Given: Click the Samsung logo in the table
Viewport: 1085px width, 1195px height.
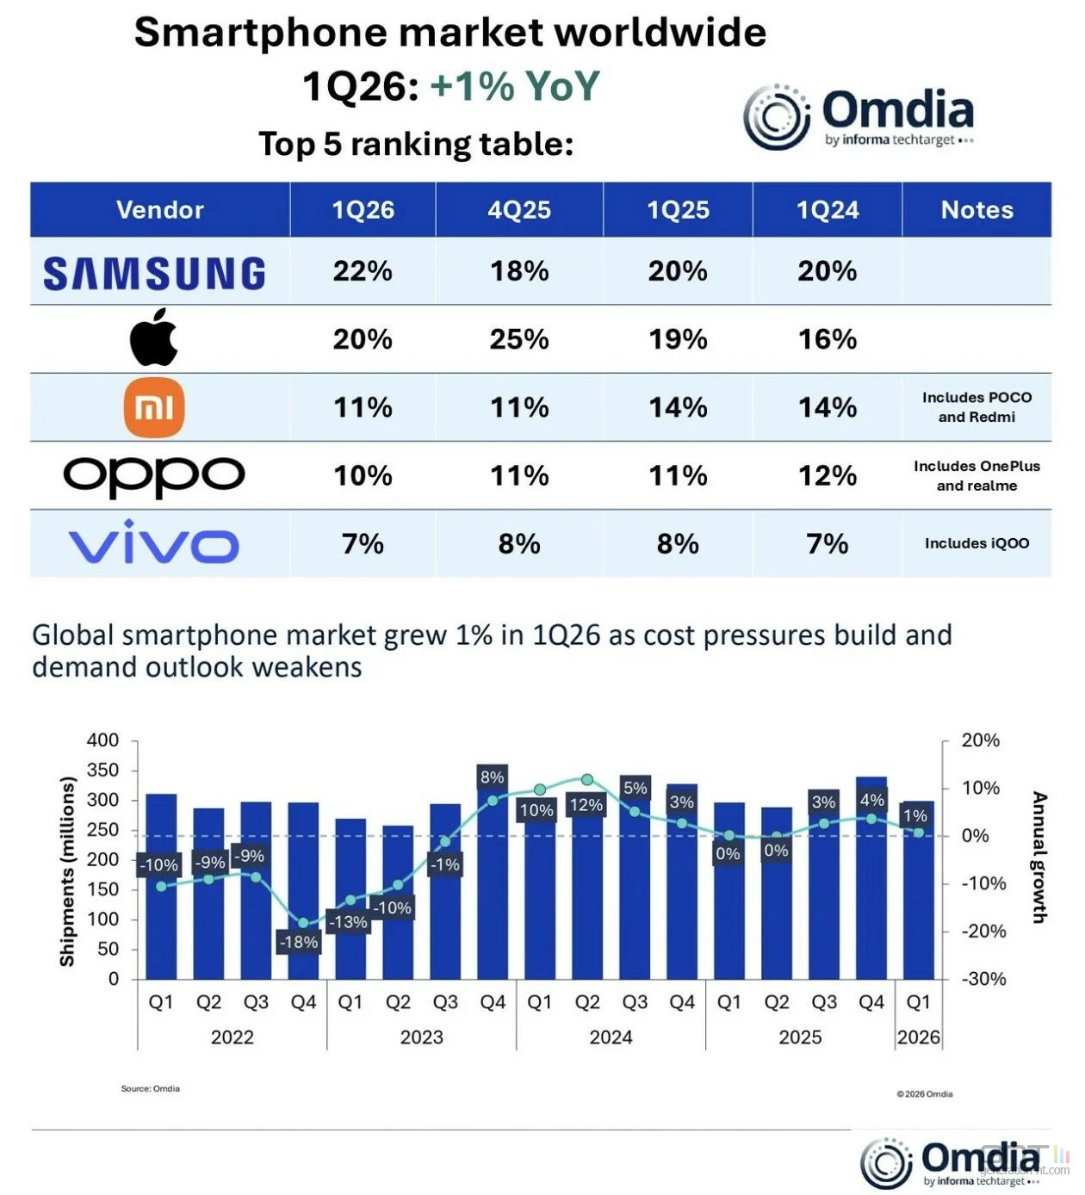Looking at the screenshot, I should [154, 273].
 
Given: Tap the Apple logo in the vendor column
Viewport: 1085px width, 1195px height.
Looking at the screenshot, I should [154, 337].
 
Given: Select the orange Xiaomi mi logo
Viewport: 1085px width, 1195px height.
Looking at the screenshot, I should [154, 407].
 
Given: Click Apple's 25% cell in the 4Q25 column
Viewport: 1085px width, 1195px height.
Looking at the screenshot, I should [519, 339].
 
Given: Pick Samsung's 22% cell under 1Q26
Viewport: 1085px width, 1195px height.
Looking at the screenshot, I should [363, 271].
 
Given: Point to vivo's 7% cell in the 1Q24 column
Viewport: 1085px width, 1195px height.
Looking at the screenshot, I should [827, 543].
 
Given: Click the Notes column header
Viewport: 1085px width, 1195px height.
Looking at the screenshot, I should [976, 210].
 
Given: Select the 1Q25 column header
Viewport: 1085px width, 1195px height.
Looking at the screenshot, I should [678, 210].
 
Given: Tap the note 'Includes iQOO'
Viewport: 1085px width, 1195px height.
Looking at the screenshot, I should [976, 543].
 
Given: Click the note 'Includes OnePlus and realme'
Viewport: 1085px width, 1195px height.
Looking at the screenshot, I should [976, 475].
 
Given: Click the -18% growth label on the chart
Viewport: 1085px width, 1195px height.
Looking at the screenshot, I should [298, 942].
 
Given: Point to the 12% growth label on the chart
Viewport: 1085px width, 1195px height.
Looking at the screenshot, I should [586, 805].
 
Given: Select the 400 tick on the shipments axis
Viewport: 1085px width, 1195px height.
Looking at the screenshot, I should [102, 740].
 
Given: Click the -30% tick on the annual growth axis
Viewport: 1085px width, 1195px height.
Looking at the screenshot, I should [983, 979].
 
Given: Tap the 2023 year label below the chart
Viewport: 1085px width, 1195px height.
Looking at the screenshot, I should [421, 1037].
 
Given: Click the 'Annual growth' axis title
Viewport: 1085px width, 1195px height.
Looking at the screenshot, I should [1039, 857].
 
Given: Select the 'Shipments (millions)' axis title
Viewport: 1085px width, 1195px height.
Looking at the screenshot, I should [67, 871].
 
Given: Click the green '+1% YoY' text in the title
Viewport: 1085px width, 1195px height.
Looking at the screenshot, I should [514, 86].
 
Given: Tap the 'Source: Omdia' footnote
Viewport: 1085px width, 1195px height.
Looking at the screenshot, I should [150, 1088].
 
